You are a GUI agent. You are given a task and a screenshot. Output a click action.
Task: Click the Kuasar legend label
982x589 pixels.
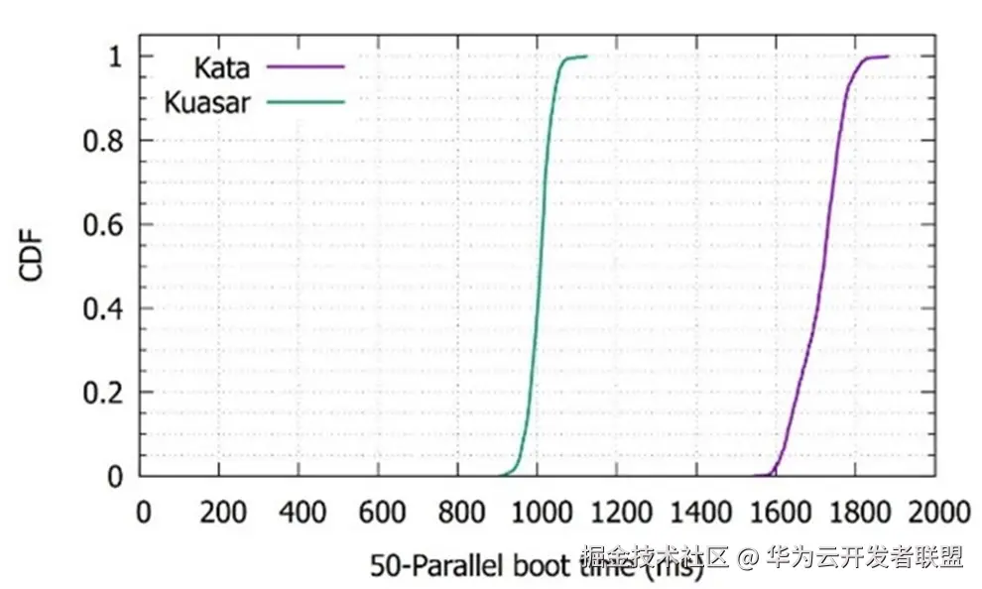click(206, 102)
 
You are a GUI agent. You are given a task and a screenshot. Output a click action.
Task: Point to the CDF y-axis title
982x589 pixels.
click(34, 256)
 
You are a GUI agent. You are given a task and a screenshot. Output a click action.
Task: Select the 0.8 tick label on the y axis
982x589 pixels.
click(102, 141)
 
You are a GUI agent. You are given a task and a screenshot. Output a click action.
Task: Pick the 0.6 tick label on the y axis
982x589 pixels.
click(102, 225)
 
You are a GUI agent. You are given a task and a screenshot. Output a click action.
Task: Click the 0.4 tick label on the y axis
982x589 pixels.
click(102, 308)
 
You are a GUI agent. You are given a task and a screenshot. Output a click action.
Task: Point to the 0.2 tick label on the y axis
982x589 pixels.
click(102, 393)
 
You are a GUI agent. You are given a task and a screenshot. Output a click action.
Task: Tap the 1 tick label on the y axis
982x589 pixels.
click(116, 58)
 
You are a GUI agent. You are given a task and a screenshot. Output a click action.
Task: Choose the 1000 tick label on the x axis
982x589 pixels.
click(538, 513)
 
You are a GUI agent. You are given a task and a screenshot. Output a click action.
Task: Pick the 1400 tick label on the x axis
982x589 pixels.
click(696, 513)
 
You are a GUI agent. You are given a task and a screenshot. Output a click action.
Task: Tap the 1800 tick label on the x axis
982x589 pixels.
click(855, 513)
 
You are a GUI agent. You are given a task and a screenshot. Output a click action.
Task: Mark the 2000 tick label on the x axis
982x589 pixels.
click(934, 513)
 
